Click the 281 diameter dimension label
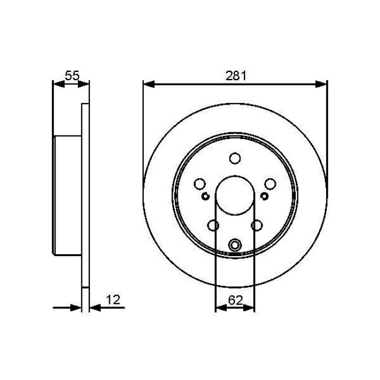point(234,75)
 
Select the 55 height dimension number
point(71,75)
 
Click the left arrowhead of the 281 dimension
point(148,84)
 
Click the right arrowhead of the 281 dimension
point(322,84)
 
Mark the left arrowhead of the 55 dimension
point(57,84)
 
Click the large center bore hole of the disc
point(235,196)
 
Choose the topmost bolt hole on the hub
point(235,158)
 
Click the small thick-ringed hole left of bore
point(205,196)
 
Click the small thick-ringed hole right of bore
point(265,196)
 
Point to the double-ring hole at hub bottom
point(235,245)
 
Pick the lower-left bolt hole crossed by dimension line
point(214,225)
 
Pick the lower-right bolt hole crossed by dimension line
point(256,225)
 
